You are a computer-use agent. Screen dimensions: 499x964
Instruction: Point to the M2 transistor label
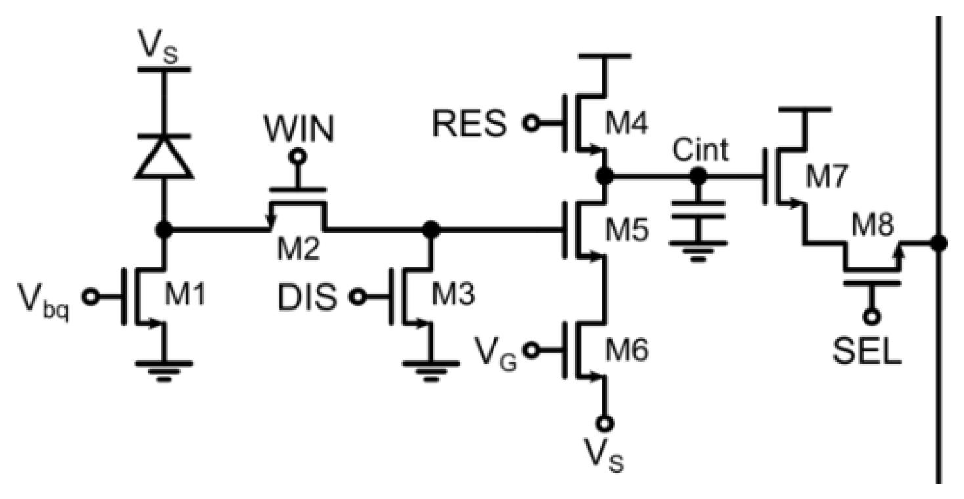click(x=292, y=250)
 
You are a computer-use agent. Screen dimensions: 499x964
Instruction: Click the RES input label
click(x=470, y=123)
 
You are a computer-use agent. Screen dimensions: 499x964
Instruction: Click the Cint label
click(x=701, y=151)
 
